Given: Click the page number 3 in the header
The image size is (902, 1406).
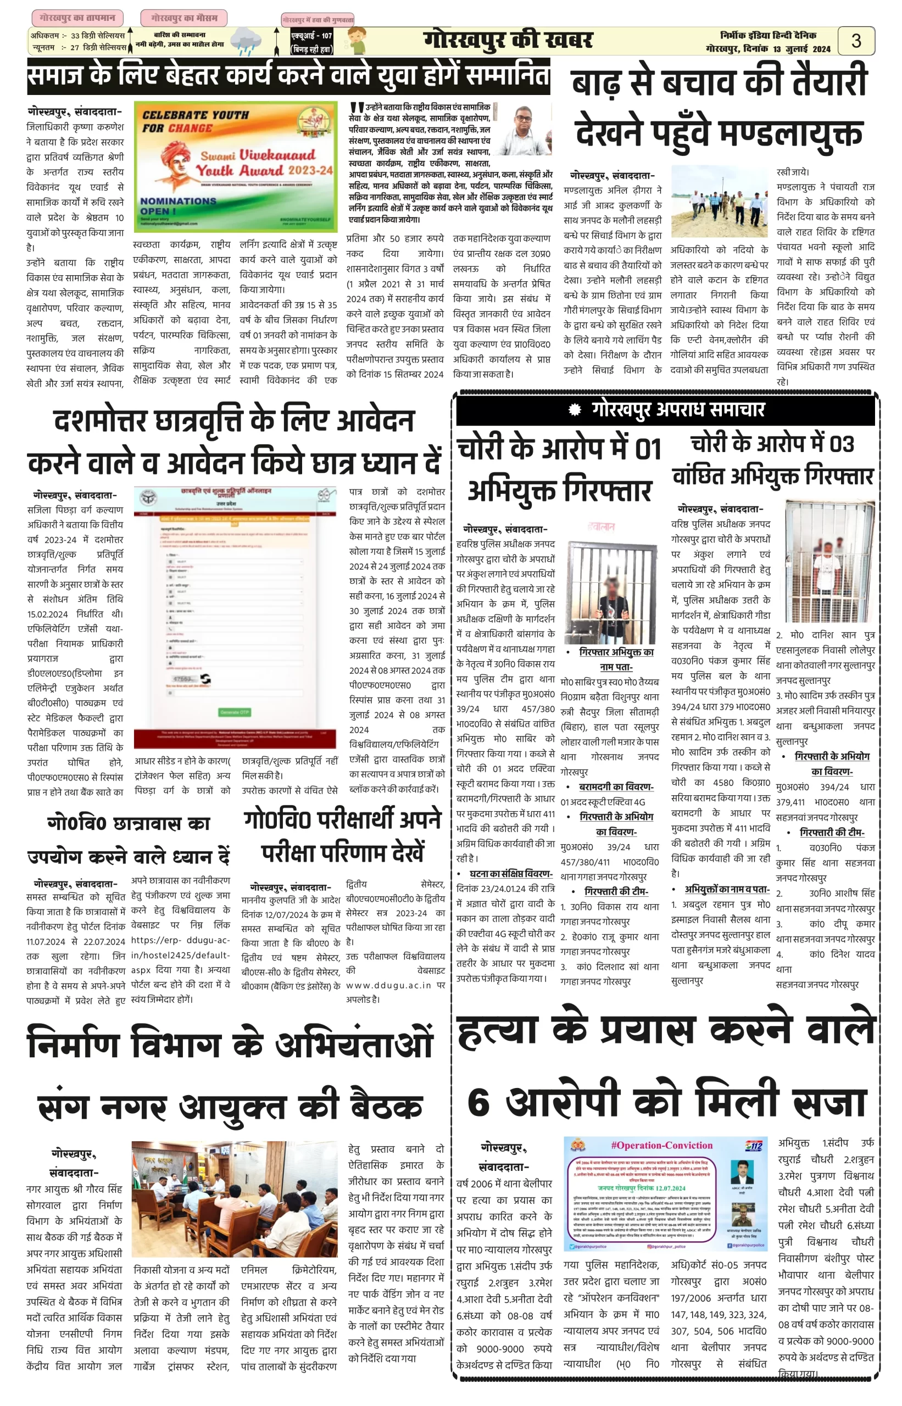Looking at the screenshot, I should point(856,41).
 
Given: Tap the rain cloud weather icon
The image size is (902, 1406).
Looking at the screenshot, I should point(246,42).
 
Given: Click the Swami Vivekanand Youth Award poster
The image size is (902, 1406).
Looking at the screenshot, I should point(236,167).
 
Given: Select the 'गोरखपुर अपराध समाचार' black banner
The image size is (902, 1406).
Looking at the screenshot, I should point(665,409).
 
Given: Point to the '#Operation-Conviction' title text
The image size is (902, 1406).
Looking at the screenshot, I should point(661,1146).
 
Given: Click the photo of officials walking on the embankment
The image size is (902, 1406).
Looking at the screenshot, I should point(719,201).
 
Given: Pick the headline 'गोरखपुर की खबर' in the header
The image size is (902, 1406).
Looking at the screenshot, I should point(507,41).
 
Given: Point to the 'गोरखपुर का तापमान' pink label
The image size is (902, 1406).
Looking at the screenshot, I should point(77,18).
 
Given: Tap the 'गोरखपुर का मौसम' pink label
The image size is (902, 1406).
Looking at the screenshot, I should point(183,18).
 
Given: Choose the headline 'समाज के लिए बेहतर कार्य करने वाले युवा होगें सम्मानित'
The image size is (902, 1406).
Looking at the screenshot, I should point(289,76).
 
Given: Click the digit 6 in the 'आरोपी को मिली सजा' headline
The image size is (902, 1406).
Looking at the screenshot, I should point(478,1102).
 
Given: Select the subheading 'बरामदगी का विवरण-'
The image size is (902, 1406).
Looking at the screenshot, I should point(616,786).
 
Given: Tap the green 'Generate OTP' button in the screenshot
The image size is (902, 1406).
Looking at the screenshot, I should point(234,712).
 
